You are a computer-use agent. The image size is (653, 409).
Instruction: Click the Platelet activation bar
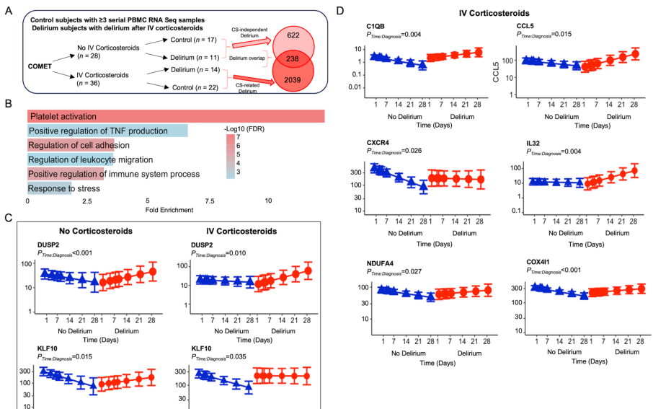(177, 116)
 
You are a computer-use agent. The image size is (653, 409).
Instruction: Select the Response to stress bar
(50, 189)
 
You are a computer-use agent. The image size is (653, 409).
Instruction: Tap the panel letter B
(7, 104)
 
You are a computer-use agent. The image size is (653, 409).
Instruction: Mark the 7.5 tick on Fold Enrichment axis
(208, 201)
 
